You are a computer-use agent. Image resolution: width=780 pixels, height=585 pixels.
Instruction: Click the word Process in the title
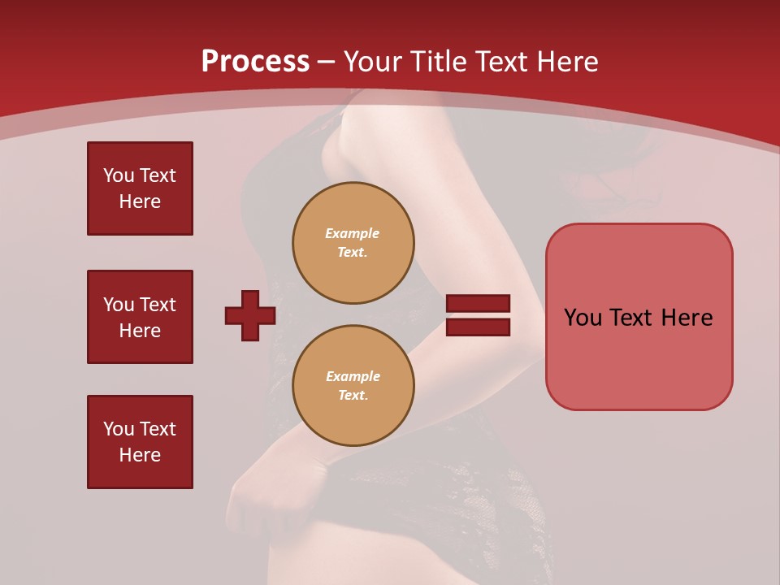[x=255, y=62]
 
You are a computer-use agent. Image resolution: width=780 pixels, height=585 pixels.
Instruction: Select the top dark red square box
[x=140, y=188]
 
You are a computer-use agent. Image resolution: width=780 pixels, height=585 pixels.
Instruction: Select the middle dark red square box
[x=140, y=317]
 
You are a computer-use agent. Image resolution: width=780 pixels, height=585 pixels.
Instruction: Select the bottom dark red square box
[x=140, y=442]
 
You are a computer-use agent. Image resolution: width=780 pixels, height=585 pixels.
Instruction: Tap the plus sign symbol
[x=250, y=315]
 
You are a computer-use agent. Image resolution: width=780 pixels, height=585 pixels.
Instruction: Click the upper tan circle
[x=353, y=242]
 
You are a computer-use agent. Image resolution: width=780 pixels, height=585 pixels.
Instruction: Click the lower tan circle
[x=353, y=385]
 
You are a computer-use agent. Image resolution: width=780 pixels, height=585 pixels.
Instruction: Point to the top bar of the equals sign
[x=478, y=304]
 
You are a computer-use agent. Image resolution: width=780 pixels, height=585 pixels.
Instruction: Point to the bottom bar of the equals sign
[x=478, y=327]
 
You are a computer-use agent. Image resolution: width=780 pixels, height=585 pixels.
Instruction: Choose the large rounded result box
[x=639, y=317]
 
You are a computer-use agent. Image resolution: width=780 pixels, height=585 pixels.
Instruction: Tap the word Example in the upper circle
[x=353, y=233]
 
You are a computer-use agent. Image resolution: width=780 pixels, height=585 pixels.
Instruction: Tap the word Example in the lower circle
[x=353, y=376]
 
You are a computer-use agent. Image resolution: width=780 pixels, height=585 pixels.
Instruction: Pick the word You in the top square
[x=118, y=175]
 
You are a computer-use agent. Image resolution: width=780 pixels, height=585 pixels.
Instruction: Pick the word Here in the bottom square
[x=140, y=455]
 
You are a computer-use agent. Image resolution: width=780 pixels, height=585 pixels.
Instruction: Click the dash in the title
[x=327, y=62]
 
